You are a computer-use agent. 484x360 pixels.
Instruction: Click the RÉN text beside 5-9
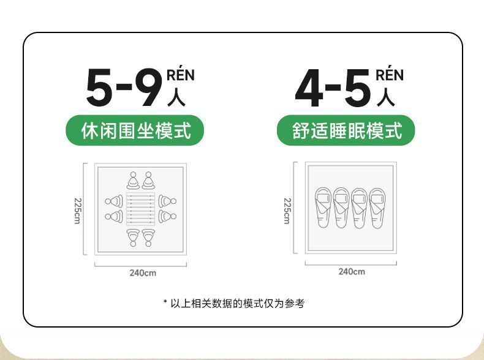pos(181,76)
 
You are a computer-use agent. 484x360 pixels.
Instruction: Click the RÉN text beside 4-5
pos(390,75)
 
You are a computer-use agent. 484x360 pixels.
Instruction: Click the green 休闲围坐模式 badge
pos(135,130)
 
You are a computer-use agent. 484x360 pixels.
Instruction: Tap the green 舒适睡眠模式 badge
pos(346,130)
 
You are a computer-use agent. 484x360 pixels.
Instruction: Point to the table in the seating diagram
pos(141,208)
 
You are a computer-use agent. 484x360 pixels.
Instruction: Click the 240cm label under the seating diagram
pos(142,273)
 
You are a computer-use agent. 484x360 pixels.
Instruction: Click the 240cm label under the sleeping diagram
pos(352,272)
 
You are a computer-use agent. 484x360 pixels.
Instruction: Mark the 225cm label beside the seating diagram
pos(77,210)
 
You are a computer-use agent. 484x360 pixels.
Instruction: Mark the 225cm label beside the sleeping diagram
pos(287,210)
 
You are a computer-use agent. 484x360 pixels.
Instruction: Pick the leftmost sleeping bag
pos(323,207)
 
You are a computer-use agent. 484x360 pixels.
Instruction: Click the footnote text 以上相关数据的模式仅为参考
pos(237,303)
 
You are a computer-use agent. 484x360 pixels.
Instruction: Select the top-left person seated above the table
pos(133,181)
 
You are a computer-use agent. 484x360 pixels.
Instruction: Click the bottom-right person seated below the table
pos(149,237)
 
